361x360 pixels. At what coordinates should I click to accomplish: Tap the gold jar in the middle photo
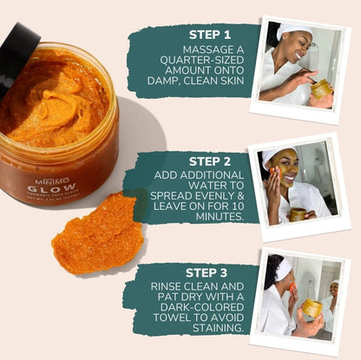pos(299,214)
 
